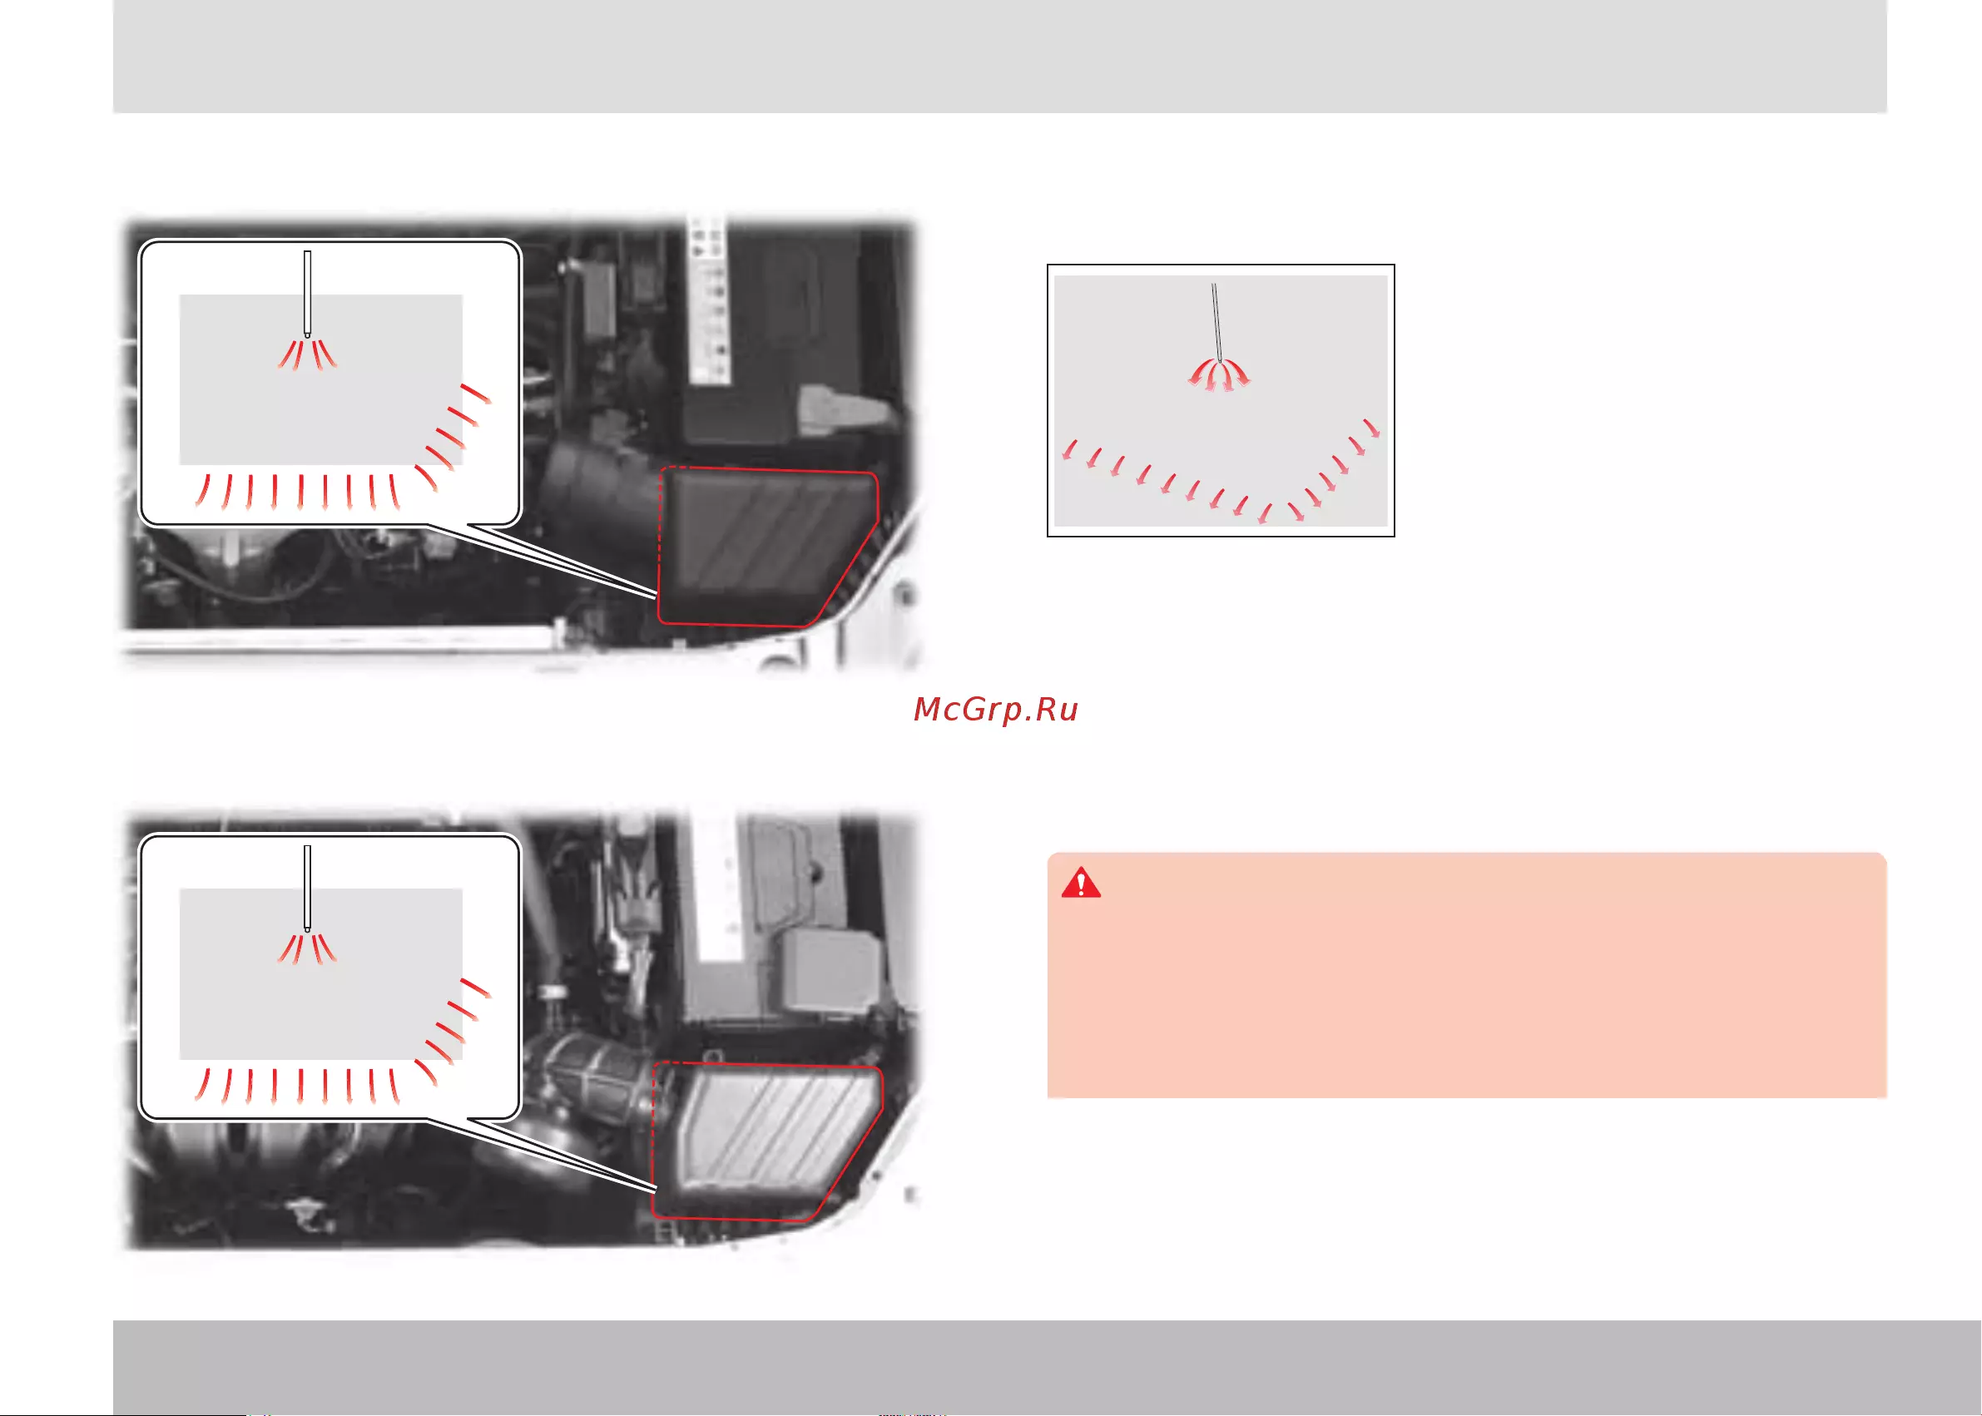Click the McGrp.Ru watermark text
pyautogui.click(x=995, y=710)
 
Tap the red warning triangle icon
pyautogui.click(x=1080, y=883)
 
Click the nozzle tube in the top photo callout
pyautogui.click(x=307, y=293)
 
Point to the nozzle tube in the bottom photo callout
pyautogui.click(x=307, y=888)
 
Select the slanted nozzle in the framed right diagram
pyautogui.click(x=1216, y=322)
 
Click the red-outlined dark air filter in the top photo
pyautogui.click(x=767, y=547)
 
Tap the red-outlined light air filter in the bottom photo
pyautogui.click(x=767, y=1141)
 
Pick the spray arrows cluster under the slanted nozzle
pyautogui.click(x=1218, y=375)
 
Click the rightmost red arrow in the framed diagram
pyautogui.click(x=1370, y=428)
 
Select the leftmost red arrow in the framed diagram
pyautogui.click(x=1069, y=450)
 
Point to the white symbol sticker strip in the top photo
pyautogui.click(x=709, y=299)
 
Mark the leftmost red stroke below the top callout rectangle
pyautogui.click(x=202, y=490)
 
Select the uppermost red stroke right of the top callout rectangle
pyautogui.click(x=475, y=394)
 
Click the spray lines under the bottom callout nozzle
pyautogui.click(x=307, y=948)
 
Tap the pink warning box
pyautogui.click(x=1467, y=975)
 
